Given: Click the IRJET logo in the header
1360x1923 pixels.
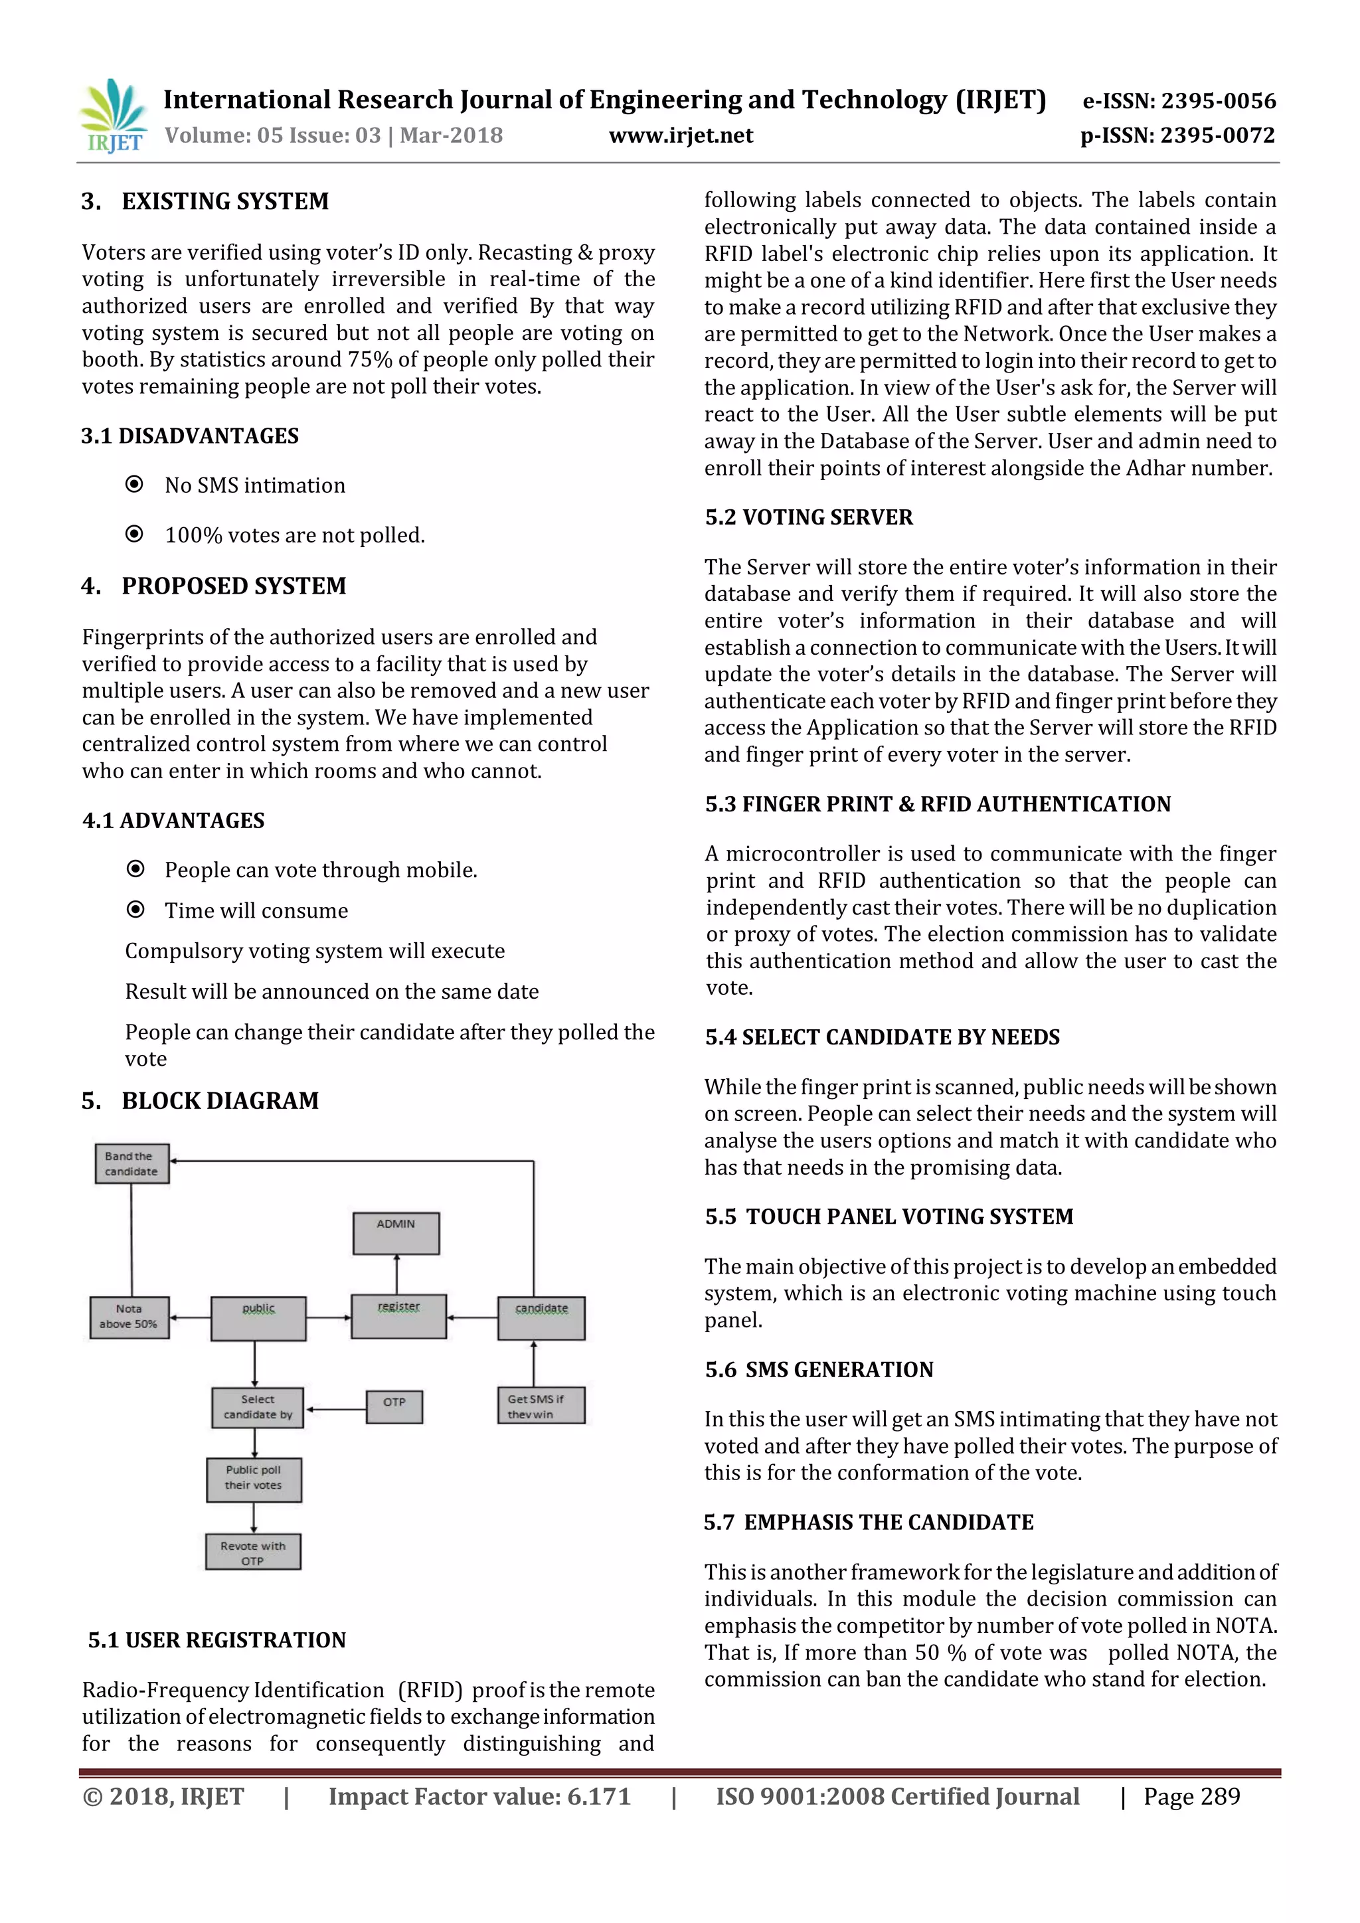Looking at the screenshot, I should (113, 116).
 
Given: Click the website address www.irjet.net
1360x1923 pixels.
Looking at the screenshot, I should (681, 135).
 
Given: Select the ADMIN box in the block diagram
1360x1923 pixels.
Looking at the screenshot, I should (396, 1233).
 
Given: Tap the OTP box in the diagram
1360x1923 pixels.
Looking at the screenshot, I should (394, 1406).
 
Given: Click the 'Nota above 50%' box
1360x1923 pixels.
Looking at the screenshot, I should (129, 1317).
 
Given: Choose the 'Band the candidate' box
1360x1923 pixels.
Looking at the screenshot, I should (131, 1163).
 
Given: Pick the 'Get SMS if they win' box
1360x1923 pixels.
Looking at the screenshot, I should (541, 1406).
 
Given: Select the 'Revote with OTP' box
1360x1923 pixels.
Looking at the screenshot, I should (253, 1552).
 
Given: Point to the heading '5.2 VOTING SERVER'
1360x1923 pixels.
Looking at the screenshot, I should (808, 517).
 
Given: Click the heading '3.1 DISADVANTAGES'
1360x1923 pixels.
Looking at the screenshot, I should (190, 436).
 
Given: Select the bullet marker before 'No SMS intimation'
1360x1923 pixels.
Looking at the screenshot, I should (134, 484).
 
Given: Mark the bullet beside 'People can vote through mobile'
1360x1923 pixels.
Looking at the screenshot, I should (135, 869).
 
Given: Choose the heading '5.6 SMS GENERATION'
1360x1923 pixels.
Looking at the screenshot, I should (818, 1369).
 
